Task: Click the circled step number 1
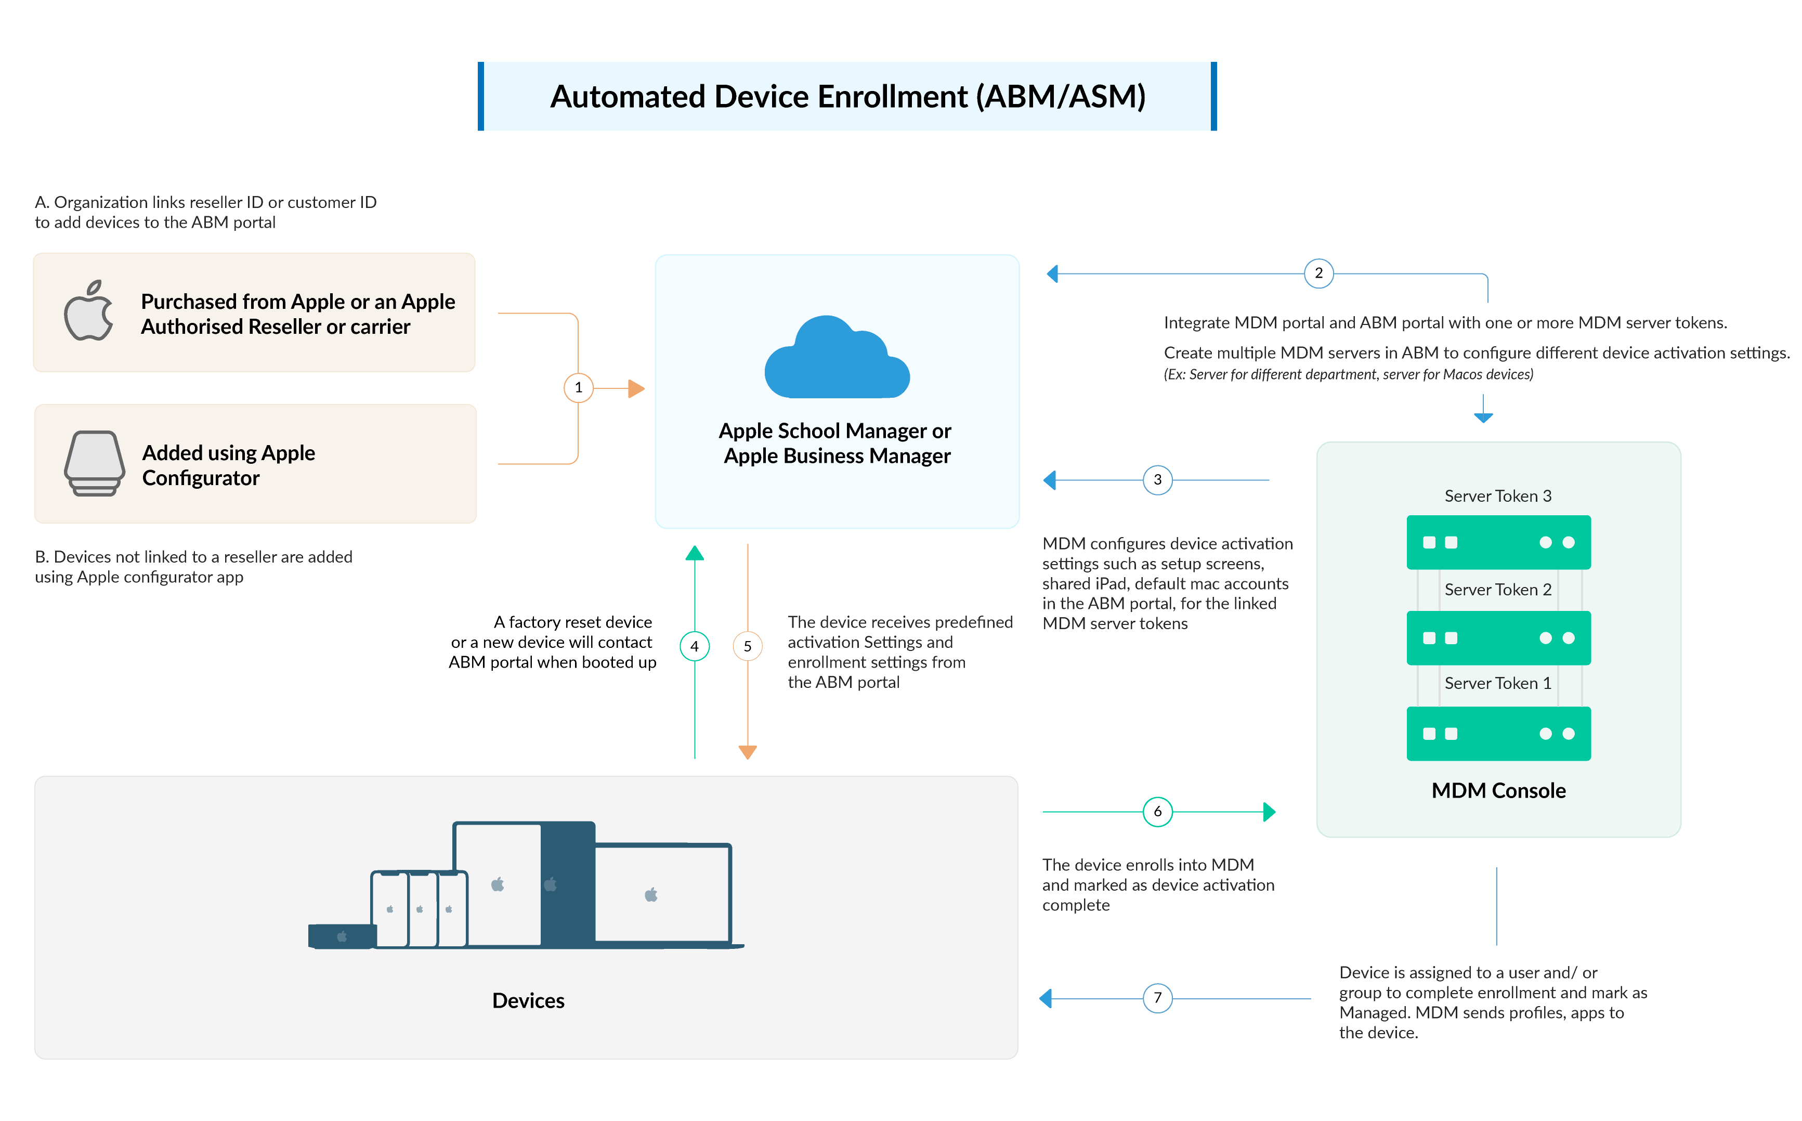578,388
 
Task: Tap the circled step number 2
1318,273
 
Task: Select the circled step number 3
1157,480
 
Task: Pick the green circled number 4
694,646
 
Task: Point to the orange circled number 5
747,646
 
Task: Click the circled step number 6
1157,812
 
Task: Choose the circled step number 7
1157,998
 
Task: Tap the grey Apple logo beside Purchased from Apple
89,311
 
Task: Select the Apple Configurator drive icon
94,463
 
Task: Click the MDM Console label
1498,790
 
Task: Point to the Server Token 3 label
1497,496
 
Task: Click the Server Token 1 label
1497,684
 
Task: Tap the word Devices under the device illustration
528,1001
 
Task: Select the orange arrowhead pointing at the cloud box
635,388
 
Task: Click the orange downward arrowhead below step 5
747,752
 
